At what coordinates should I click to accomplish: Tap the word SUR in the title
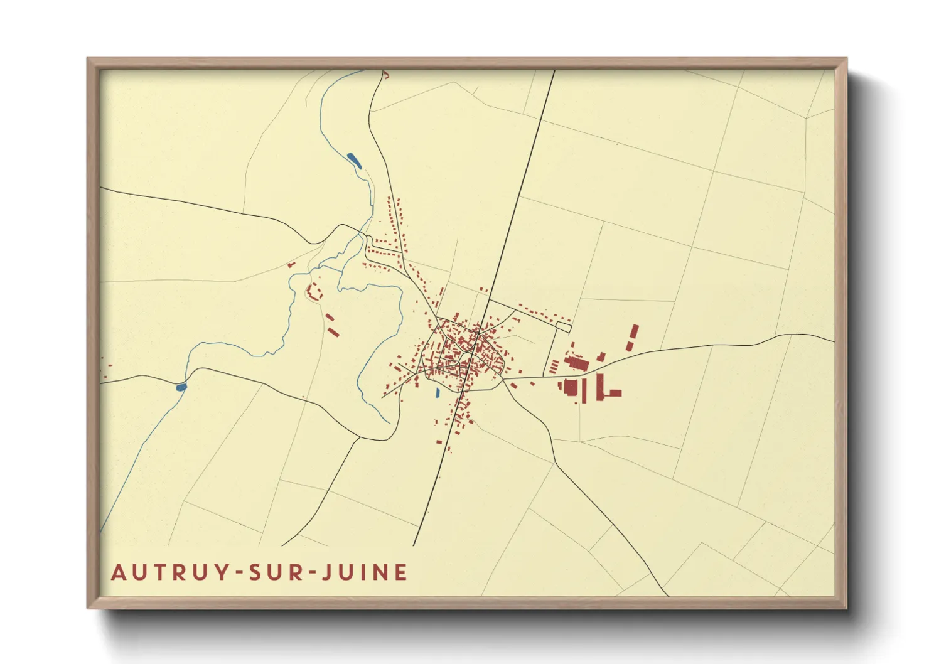pos(275,572)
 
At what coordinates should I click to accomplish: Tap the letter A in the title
pos(118,572)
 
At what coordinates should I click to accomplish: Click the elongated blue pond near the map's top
pos(355,160)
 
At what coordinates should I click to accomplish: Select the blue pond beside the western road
pos(181,387)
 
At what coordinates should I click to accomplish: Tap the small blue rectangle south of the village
pos(438,394)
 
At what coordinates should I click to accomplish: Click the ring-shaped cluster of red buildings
pos(314,291)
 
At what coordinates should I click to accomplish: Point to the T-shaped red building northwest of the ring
pos(291,265)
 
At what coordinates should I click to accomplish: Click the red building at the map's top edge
pos(386,75)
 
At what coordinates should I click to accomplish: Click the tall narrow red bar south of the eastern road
pos(599,386)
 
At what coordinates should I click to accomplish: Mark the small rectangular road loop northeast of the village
pos(564,327)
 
